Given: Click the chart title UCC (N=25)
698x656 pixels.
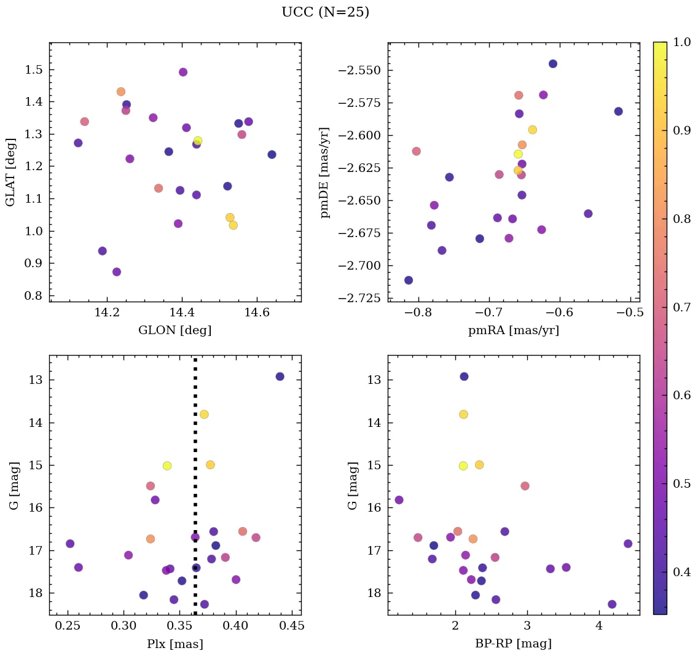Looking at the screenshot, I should [325, 12].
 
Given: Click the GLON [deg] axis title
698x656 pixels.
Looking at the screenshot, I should [175, 330].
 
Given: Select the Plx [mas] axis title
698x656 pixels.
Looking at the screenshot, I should [175, 644].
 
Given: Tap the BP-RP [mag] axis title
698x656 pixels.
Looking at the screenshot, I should [514, 644].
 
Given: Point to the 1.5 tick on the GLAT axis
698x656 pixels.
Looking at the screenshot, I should [34, 69].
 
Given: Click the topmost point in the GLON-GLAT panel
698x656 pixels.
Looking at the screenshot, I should [183, 72].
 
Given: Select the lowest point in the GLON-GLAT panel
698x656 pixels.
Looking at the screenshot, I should [117, 271].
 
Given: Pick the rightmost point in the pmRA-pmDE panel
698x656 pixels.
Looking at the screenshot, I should [618, 111].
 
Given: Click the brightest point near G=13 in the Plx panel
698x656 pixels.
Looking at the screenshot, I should [280, 377].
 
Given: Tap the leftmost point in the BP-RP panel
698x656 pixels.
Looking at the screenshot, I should [399, 500].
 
